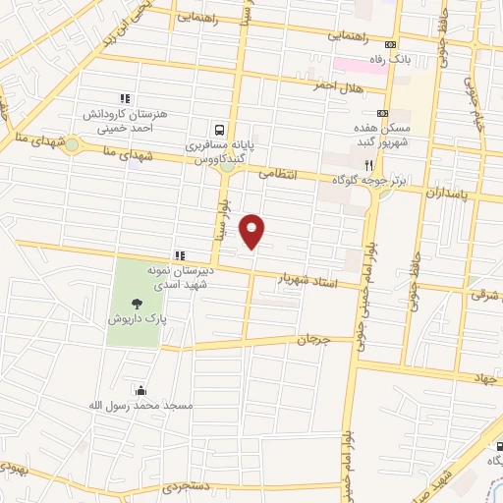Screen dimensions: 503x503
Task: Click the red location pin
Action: [253, 230]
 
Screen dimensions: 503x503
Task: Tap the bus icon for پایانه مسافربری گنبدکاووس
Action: [219, 129]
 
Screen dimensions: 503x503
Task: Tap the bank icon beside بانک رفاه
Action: [391, 44]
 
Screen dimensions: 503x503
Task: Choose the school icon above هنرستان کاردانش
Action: [125, 98]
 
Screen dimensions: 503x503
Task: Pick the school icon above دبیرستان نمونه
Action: [179, 254]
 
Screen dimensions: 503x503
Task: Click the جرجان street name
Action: [315, 341]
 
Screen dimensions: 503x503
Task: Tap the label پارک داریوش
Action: [136, 319]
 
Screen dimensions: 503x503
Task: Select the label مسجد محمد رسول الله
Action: [140, 404]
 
